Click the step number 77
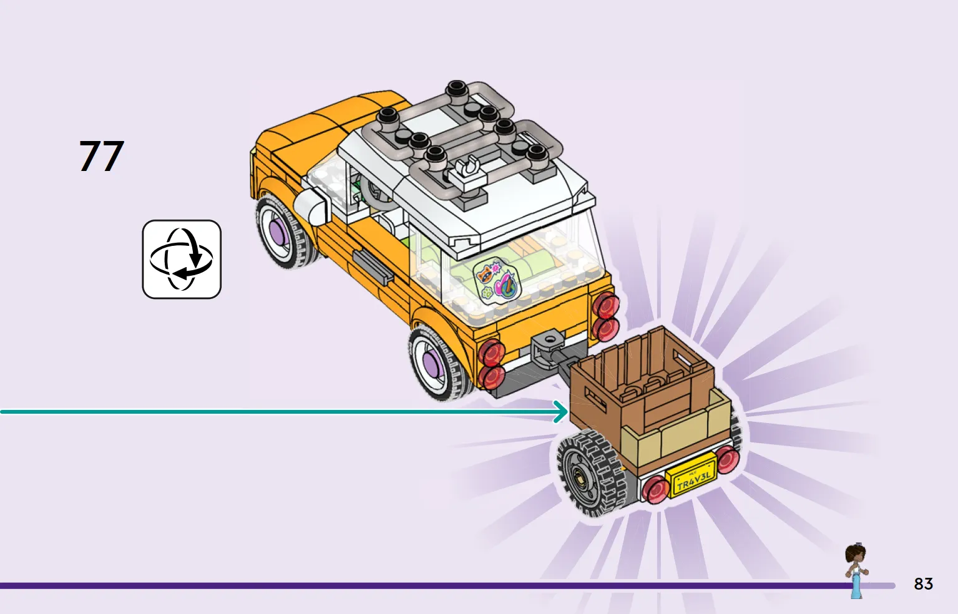[x=101, y=156]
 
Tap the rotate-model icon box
[x=182, y=259]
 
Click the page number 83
[x=923, y=583]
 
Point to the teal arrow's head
[x=561, y=412]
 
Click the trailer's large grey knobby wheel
[x=590, y=472]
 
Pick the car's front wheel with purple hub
[x=285, y=231]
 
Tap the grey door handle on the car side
[x=373, y=267]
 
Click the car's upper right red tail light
[x=606, y=305]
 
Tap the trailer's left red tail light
[x=656, y=489]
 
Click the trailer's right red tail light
[x=726, y=459]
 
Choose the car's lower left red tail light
[x=491, y=376]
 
